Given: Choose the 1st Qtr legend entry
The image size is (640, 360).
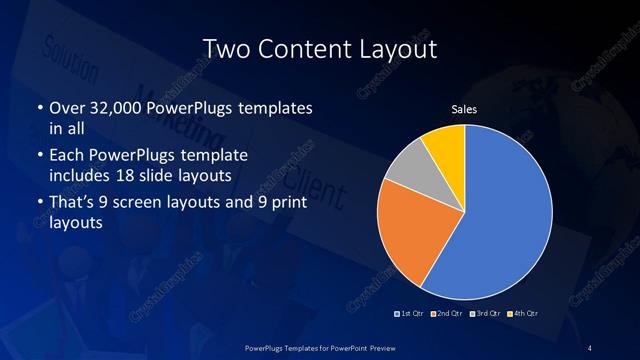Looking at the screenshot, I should click(x=412, y=314).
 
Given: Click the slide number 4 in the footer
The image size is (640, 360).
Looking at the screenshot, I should click(x=591, y=347).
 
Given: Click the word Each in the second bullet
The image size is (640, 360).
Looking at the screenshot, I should click(x=66, y=156).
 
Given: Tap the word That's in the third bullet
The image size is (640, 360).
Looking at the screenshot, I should click(x=72, y=203).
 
